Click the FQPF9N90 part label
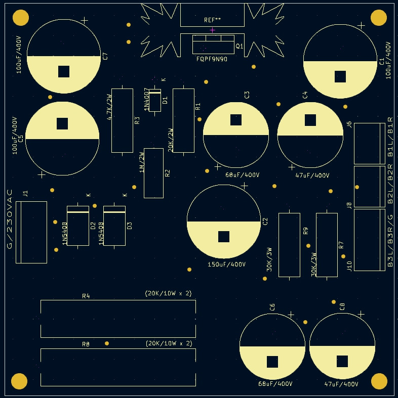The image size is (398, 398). pyautogui.click(x=212, y=59)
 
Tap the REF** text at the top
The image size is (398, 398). pyautogui.click(x=213, y=20)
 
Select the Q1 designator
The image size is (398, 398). pyautogui.click(x=240, y=46)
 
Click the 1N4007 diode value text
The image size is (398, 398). pyautogui.click(x=147, y=100)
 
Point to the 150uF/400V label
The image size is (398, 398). pyautogui.click(x=226, y=264)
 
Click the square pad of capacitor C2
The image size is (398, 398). pyautogui.click(x=224, y=237)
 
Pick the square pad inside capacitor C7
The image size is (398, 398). pyautogui.click(x=63, y=71)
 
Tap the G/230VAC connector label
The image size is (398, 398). pyautogui.click(x=10, y=219)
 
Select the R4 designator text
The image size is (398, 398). pyautogui.click(x=86, y=296)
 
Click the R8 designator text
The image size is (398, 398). pyautogui.click(x=86, y=344)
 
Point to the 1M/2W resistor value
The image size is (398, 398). pyautogui.click(x=142, y=162)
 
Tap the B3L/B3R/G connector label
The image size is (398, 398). pyautogui.click(x=390, y=241)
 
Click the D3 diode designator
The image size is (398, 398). pyautogui.click(x=129, y=226)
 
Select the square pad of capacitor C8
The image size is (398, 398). pyautogui.click(x=342, y=361)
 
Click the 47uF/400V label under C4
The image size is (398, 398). pyautogui.click(x=312, y=175)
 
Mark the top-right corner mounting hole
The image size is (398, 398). pyautogui.click(x=379, y=18)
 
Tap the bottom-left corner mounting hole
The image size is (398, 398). pyautogui.click(x=19, y=381)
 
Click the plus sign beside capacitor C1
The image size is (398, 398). pyautogui.click(x=361, y=25)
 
